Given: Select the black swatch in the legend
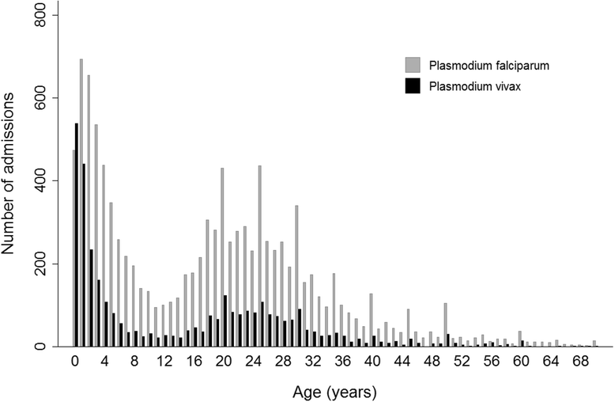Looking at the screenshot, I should click(x=413, y=86).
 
